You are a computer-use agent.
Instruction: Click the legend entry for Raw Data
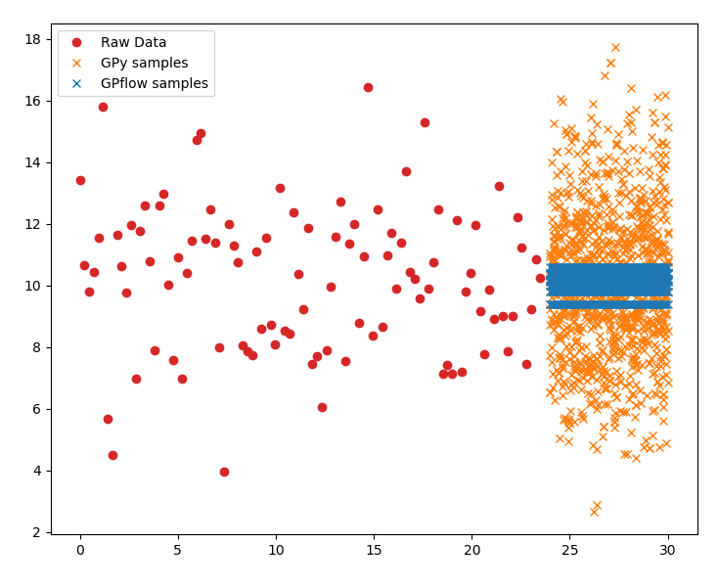133,42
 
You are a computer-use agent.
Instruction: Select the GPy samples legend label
144,63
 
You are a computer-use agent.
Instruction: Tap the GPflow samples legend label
154,83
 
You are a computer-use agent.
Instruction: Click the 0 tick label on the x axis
80,551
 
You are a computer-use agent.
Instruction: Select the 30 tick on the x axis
668,551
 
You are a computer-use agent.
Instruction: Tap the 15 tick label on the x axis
374,551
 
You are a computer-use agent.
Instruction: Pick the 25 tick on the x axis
570,551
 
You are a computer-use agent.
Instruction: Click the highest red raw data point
368,87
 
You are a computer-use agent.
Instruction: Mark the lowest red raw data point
224,472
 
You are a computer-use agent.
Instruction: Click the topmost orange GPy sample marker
615,47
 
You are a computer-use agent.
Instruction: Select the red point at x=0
80,180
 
